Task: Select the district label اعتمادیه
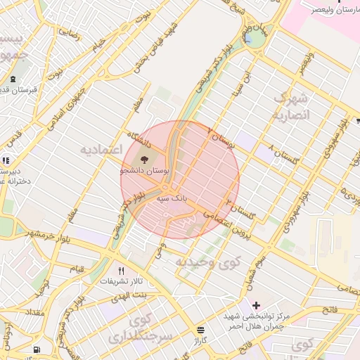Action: [x=101, y=150]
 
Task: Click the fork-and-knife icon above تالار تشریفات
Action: [x=122, y=271]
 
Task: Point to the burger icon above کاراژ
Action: [x=201, y=329]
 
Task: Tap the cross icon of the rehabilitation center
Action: [x=256, y=305]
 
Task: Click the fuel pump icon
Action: [x=37, y=350]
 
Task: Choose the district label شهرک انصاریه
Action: [x=290, y=106]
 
